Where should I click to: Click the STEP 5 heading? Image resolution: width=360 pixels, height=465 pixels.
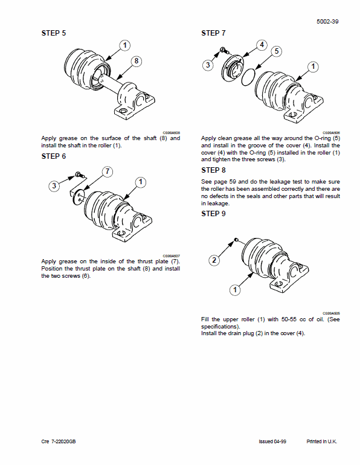tap(54, 33)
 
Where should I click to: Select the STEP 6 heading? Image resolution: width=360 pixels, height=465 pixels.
tap(54, 156)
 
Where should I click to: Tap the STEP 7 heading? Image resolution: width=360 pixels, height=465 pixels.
tap(213, 33)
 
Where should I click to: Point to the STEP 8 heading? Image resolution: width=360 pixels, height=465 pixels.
tap(213, 170)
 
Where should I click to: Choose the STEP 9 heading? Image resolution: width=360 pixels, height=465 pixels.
tap(213, 213)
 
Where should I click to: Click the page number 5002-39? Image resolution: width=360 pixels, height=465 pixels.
tap(327, 21)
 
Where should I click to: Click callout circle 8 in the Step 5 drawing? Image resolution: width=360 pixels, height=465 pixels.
tap(137, 61)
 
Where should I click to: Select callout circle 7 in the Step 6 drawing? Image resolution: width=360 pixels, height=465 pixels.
tap(107, 172)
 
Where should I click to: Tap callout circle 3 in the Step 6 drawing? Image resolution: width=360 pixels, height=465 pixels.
tap(54, 187)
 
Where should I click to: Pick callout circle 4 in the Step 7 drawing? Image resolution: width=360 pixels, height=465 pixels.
tap(261, 45)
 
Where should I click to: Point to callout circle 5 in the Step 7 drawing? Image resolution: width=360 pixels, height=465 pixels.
tap(276, 51)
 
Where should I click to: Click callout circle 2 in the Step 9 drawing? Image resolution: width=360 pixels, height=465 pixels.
tap(213, 261)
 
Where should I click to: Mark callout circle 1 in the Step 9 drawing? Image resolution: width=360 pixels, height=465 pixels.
tap(234, 290)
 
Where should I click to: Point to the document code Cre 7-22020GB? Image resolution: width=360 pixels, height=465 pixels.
tap(59, 441)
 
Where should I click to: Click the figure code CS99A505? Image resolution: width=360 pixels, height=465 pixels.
tap(331, 313)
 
